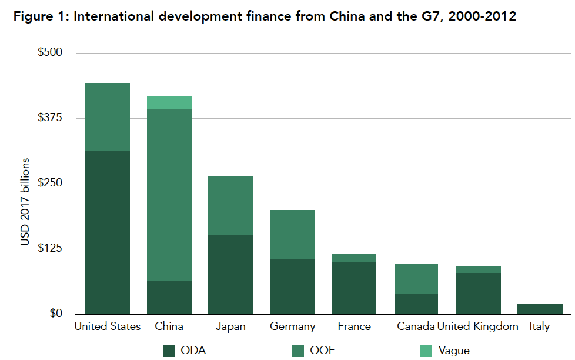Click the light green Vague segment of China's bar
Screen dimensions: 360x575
pos(169,103)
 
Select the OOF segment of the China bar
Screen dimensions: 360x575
pos(169,194)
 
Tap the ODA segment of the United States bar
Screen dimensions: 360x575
pos(108,232)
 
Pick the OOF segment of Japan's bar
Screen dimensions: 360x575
pos(231,205)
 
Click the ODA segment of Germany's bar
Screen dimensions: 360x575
pos(292,286)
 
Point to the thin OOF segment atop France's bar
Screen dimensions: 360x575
pos(354,258)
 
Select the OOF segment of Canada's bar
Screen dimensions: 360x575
pos(416,278)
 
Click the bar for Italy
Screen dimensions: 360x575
pos(539,308)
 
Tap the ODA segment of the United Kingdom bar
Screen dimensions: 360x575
pos(477,293)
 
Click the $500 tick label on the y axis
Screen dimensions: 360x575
pos(50,53)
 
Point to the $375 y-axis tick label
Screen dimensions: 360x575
pos(50,118)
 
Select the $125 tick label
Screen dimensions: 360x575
pos(50,248)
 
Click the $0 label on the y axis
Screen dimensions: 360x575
pos(56,314)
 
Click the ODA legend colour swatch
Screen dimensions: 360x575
pos(169,351)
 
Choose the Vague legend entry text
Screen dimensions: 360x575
pos(454,351)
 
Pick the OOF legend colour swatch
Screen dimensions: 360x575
pos(298,351)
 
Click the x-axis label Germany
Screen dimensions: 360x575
pos(292,326)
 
